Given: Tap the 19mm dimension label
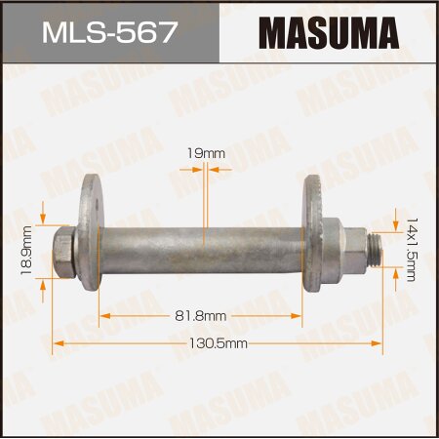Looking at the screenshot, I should click(203, 153).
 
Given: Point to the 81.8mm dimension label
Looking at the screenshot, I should click(201, 315).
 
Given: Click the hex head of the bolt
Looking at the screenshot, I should click(64, 252).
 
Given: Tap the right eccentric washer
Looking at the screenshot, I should click(314, 232).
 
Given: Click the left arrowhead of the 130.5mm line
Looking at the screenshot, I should click(58, 343).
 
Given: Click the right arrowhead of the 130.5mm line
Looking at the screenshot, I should click(378, 343).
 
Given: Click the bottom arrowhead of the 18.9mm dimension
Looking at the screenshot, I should click(45, 281).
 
